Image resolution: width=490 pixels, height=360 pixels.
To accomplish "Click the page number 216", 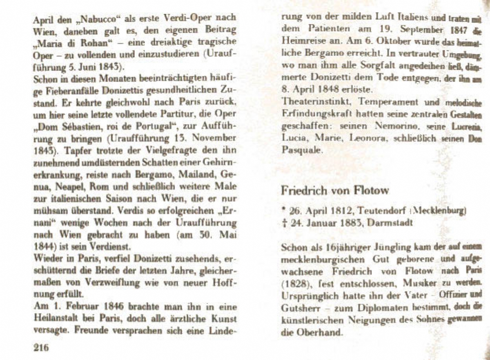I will click(41, 347).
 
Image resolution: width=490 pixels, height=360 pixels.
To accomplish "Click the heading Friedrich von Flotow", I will click(335, 190).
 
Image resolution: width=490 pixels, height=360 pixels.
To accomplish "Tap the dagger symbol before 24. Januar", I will click(284, 223).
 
